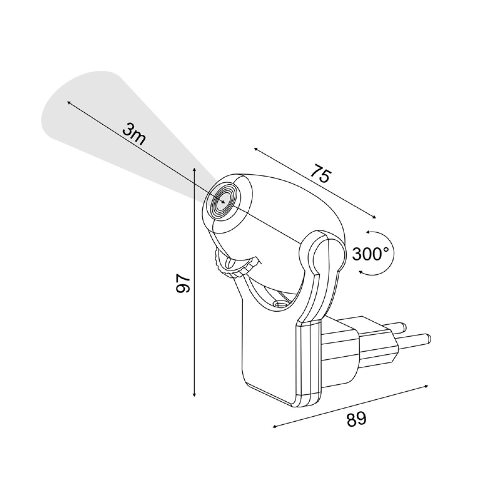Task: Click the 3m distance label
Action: [x=134, y=134]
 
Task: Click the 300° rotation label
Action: [x=370, y=254]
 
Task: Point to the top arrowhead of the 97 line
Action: [x=194, y=170]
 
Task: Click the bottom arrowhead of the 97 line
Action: [x=194, y=396]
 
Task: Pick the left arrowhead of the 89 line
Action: [x=274, y=427]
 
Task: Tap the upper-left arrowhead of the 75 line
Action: [x=255, y=149]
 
